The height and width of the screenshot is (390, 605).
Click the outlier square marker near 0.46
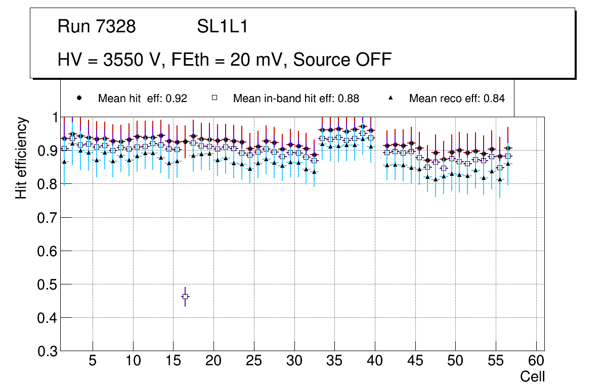pos(185,297)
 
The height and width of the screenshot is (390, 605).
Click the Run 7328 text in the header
pos(97,27)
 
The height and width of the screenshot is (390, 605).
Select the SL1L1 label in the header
pos(222,27)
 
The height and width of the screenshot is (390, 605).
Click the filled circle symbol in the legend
pos(79,98)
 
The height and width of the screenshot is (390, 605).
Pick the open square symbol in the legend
pos(214,98)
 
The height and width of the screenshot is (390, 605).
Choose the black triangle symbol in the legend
pos(391,98)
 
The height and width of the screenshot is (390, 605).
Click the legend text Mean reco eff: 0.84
pos(457,99)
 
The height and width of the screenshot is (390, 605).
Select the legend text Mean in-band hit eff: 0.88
pos(296,99)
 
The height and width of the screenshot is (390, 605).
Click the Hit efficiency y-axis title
pos(21,158)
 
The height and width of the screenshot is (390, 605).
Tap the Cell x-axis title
pos(532,377)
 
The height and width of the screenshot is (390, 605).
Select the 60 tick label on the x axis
pos(536,362)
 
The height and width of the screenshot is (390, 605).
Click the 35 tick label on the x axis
pos(334,362)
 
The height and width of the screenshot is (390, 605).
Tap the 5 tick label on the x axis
pos(93,362)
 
